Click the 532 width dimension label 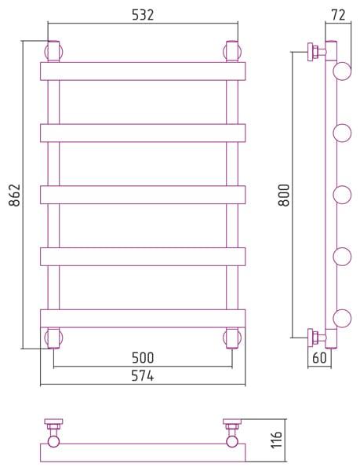point(143,15)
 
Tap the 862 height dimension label point(14,195)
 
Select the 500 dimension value point(143,358)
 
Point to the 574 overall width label point(143,376)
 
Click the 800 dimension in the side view point(284,195)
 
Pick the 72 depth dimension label point(339,15)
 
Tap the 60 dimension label point(319,358)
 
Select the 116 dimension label point(277,440)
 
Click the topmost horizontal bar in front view point(143,71)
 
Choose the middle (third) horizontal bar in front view point(143,195)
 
